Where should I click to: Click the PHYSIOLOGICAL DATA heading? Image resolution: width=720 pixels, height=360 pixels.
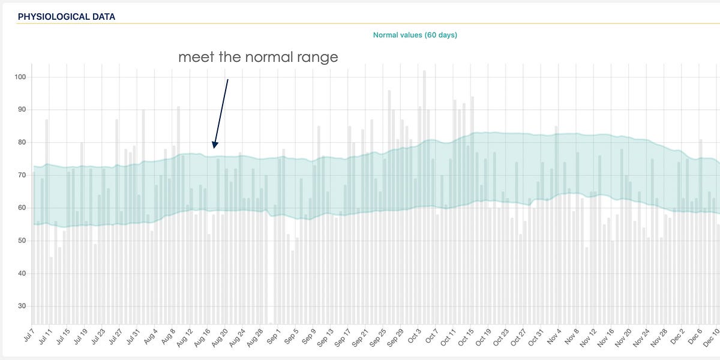[x=67, y=17]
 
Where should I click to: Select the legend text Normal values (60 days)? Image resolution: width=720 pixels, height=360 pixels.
[x=415, y=35]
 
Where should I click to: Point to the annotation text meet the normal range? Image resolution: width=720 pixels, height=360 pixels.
[x=258, y=58]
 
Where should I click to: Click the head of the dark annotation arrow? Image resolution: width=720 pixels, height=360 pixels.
[x=214, y=146]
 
